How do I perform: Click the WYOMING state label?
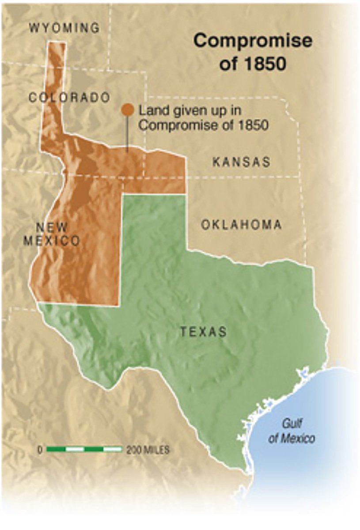tap(64, 28)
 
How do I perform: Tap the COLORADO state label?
tap(69, 98)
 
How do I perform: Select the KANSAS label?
tap(241, 162)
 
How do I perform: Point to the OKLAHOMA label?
tap(241, 225)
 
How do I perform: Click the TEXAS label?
tap(203, 332)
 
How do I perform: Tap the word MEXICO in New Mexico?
tap(52, 241)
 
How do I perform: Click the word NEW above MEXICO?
tap(52, 227)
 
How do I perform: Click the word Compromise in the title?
tap(253, 41)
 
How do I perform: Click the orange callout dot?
tap(127, 110)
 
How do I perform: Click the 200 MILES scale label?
tap(148, 450)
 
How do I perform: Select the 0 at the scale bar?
tap(40, 450)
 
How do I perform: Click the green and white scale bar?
tap(84, 450)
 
